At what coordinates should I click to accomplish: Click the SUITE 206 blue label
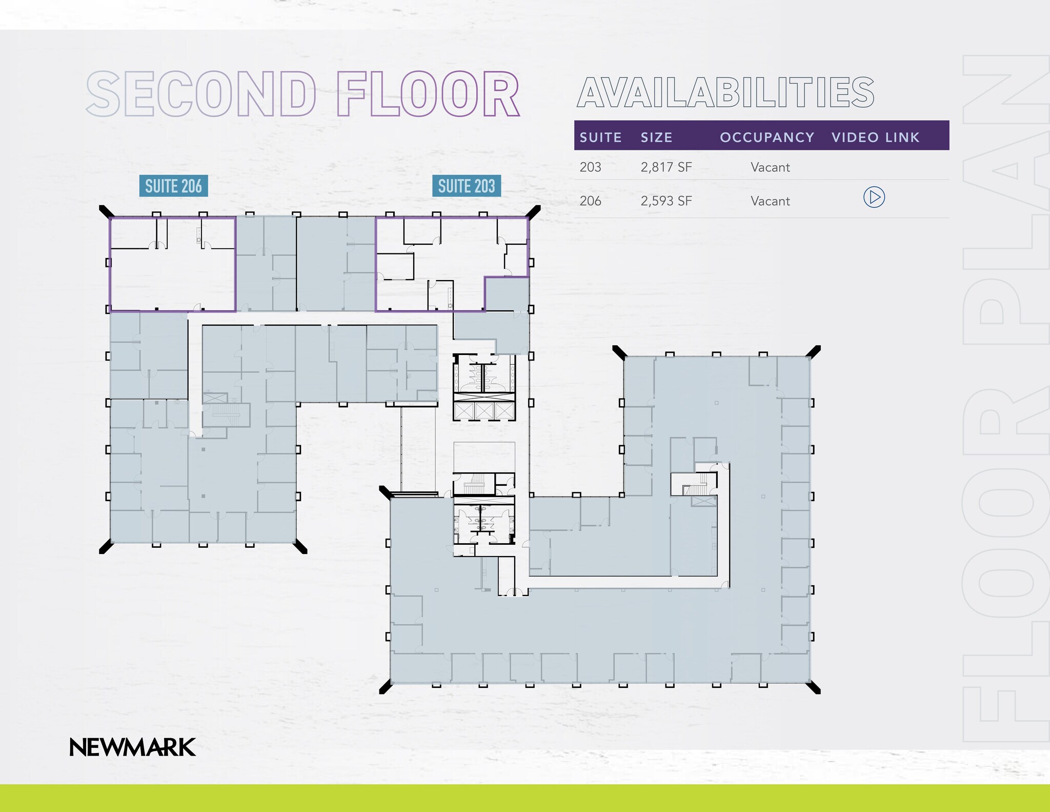173,186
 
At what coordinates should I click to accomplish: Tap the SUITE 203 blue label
466,186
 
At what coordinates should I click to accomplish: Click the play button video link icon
874,197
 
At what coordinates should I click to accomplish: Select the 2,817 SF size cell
666,167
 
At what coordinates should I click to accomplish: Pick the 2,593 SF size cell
666,201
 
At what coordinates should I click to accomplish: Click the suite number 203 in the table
590,167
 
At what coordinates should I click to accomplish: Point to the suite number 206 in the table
590,201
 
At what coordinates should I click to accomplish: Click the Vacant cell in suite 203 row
770,167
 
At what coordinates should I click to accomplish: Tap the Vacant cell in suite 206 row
770,201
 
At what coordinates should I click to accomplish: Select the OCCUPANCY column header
767,137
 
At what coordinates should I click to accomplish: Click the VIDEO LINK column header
875,137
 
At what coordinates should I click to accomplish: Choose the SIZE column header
656,137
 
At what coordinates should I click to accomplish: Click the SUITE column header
600,137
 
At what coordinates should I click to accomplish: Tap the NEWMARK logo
132,747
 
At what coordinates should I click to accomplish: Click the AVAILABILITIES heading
725,93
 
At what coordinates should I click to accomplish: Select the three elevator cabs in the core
483,411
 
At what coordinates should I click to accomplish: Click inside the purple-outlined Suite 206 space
172,280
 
